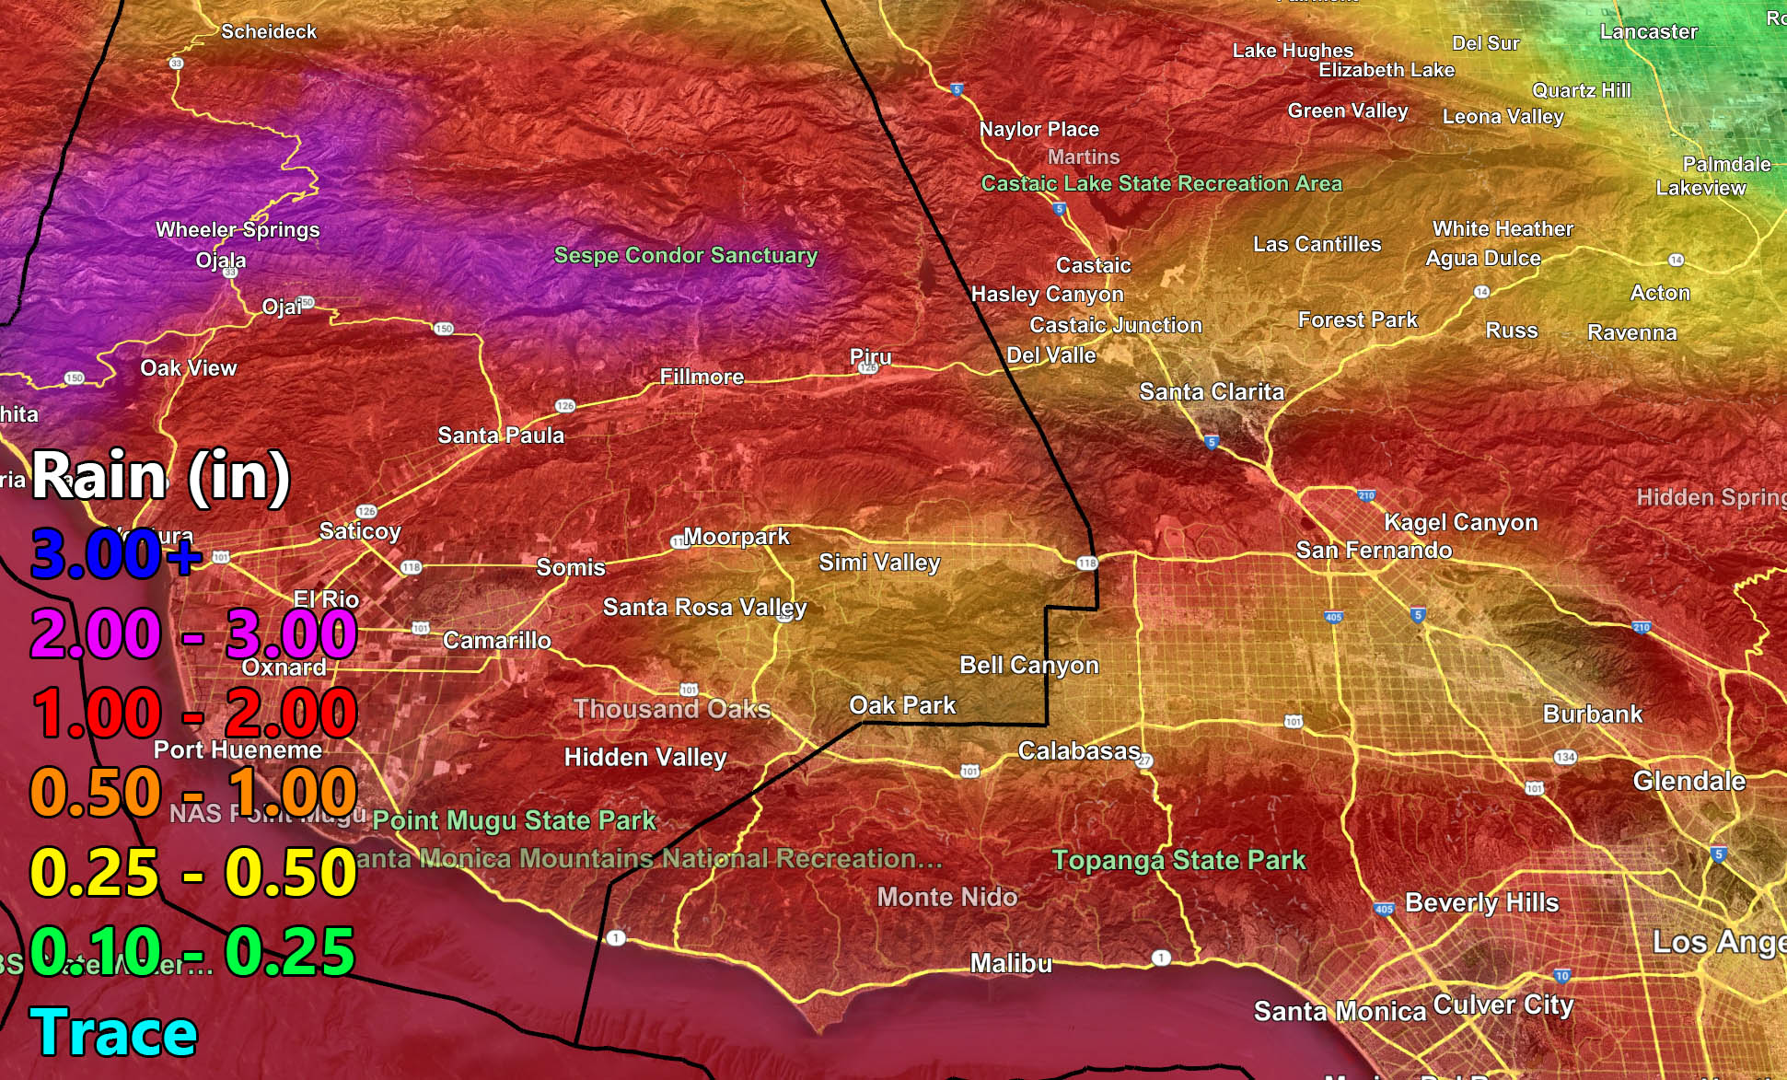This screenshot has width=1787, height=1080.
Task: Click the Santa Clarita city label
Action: (x=1212, y=392)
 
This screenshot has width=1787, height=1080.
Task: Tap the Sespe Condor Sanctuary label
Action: (x=685, y=255)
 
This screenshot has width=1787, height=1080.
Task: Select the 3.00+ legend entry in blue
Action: (x=115, y=554)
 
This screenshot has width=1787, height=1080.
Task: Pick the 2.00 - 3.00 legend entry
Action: (x=192, y=634)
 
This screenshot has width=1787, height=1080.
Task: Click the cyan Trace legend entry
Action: (x=113, y=1033)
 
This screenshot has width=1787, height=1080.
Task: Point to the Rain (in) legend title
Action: (x=161, y=477)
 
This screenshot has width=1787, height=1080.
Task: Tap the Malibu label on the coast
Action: (x=1011, y=964)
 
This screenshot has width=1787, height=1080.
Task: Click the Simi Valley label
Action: (x=879, y=563)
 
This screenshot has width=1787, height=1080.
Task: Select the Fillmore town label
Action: (x=702, y=377)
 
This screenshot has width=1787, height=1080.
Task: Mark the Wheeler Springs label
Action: (x=238, y=229)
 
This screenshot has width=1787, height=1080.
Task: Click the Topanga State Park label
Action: (x=1178, y=861)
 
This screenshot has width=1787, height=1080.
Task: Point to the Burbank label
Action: (x=1592, y=714)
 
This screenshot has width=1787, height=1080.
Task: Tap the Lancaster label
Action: (x=1648, y=31)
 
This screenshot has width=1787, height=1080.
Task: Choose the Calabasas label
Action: (x=1079, y=751)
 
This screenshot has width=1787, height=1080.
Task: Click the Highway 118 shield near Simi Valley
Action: (x=1086, y=563)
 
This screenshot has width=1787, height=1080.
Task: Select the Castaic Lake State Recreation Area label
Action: (x=1161, y=183)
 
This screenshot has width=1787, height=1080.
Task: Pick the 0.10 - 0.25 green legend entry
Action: (x=192, y=952)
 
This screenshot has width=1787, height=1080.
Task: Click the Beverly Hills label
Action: (x=1481, y=903)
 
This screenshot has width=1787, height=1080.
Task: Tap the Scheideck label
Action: (x=269, y=31)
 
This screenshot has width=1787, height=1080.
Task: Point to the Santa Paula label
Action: (x=501, y=435)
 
